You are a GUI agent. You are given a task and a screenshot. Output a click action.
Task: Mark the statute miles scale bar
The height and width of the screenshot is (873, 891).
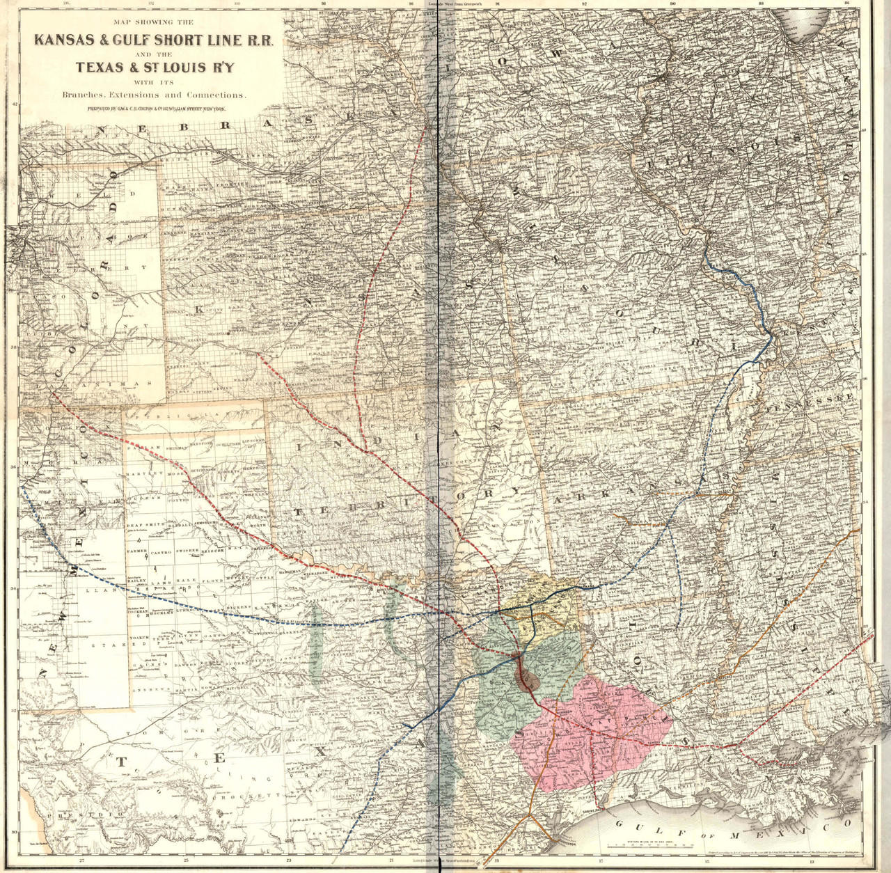pyautogui.click(x=630, y=844)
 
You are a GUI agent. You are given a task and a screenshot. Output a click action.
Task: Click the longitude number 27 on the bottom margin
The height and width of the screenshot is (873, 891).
pyautogui.click(x=81, y=862)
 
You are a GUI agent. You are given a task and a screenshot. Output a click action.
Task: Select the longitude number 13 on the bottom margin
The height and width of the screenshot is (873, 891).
pyautogui.click(x=812, y=862)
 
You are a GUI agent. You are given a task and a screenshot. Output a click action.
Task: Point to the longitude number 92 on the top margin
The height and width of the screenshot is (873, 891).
pyautogui.click(x=585, y=4)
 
